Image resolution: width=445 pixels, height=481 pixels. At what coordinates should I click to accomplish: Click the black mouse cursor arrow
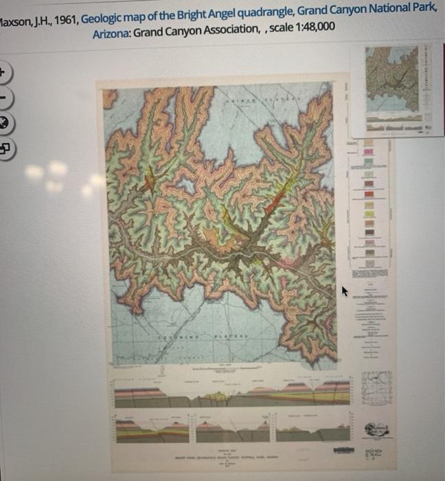click(x=345, y=291)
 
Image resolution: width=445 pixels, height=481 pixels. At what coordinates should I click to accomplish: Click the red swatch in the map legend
click(x=368, y=184)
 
